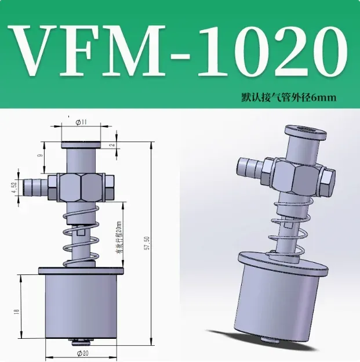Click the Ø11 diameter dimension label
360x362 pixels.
click(81, 122)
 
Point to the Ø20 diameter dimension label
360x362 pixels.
click(81, 352)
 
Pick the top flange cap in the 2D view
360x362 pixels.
click(81, 144)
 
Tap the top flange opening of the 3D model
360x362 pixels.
click(302, 131)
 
